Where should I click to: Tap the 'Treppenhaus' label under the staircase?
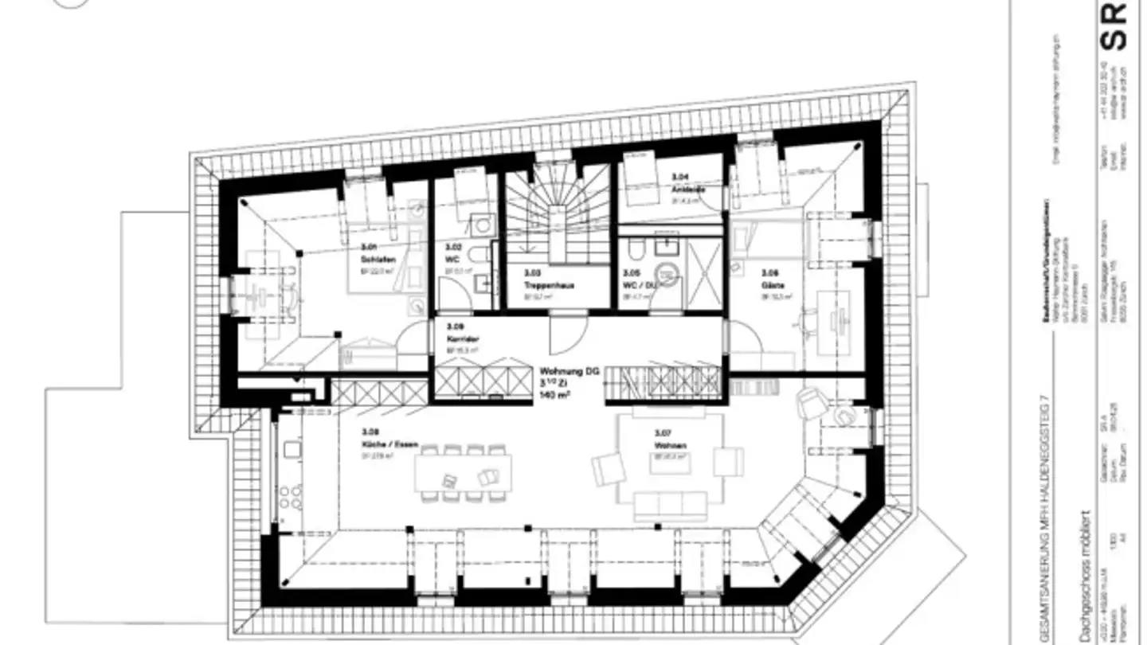pos(549,284)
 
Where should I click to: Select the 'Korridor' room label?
pos(462,338)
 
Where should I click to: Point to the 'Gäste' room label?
pos(769,283)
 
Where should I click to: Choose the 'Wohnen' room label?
pos(670,445)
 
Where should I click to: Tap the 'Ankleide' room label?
pos(684,189)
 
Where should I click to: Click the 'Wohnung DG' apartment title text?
pos(569,372)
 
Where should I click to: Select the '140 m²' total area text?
pos(557,394)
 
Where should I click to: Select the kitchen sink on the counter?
pos(292,449)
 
